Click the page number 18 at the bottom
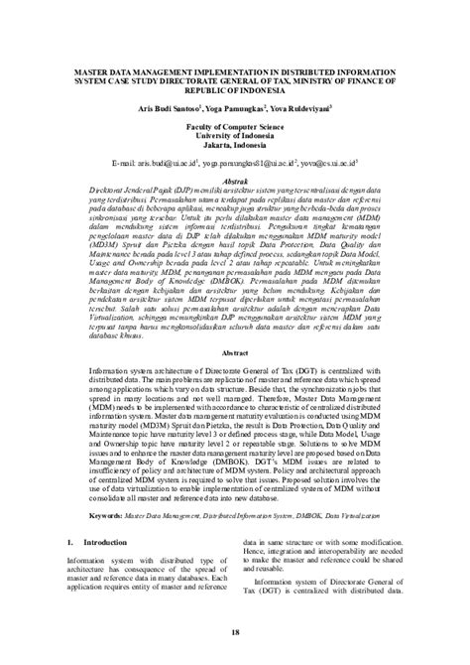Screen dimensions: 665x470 coord(235,631)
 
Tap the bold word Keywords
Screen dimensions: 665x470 coord(108,515)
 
